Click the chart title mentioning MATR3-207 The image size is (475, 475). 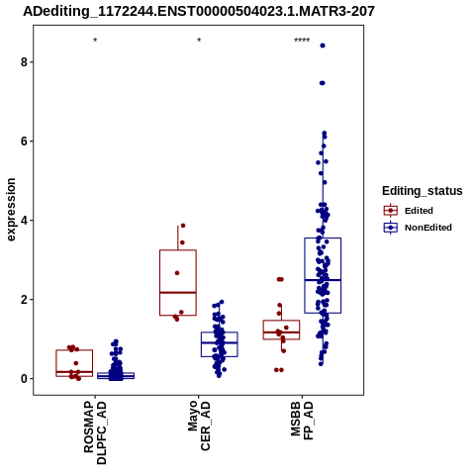199,11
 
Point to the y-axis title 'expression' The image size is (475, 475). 11,210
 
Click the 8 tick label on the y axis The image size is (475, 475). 24,62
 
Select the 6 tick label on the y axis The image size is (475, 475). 24,142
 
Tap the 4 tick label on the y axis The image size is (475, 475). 24,221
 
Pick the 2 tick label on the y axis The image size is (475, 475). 24,300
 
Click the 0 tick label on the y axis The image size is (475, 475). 24,379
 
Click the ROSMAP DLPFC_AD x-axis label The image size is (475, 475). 95,432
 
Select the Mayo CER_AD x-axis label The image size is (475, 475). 199,426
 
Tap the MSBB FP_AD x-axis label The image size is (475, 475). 302,421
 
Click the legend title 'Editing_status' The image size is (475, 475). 423,191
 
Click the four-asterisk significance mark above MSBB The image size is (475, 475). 302,41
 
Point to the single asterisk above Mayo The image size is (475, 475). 199,41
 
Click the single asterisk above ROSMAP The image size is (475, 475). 95,41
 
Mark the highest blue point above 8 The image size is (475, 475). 323,46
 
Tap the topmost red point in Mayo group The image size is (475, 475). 183,226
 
